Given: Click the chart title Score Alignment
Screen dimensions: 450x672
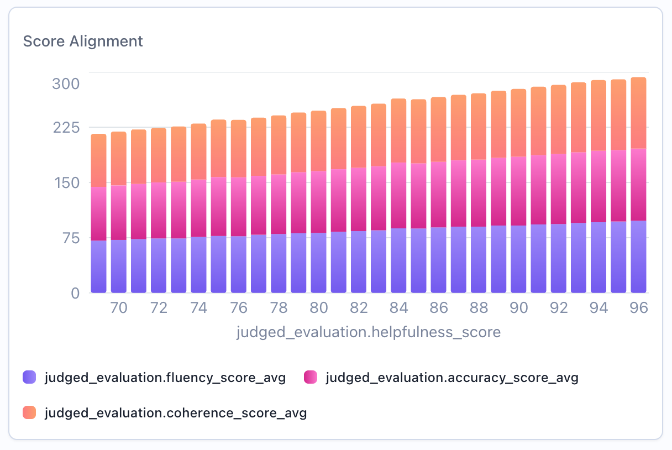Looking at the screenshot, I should click(x=83, y=41).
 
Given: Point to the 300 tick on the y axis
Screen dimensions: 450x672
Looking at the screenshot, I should click(x=66, y=84).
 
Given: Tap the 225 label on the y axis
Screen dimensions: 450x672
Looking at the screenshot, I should click(x=66, y=128).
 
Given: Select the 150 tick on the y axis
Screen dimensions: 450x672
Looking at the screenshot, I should click(x=66, y=183).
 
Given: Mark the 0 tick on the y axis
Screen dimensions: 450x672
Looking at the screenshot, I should click(x=76, y=293).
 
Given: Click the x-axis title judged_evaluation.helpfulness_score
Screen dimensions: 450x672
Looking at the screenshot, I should click(x=368, y=332).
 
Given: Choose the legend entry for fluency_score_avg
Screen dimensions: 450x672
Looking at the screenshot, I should click(x=165, y=378).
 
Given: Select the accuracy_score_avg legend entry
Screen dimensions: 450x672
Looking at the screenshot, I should click(x=452, y=378).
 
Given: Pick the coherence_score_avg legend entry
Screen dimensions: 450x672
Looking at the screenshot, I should click(x=175, y=413).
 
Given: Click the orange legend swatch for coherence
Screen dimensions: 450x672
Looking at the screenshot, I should click(x=29, y=412).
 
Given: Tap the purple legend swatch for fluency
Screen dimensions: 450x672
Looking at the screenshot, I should click(x=29, y=378).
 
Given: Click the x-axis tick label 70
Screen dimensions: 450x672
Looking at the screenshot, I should click(x=119, y=308).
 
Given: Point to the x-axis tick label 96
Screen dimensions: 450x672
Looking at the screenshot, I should click(x=638, y=308).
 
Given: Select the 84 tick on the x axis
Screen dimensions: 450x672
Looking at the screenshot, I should click(x=398, y=308).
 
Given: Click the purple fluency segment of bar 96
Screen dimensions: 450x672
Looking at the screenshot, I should click(x=638, y=257).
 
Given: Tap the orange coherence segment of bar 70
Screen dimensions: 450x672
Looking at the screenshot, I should click(x=119, y=159).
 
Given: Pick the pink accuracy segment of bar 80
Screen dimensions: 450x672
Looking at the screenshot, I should click(x=318, y=202).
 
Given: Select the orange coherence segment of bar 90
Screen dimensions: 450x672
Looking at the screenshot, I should click(x=518, y=123).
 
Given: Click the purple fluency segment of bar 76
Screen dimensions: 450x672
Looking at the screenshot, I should click(x=238, y=264).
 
